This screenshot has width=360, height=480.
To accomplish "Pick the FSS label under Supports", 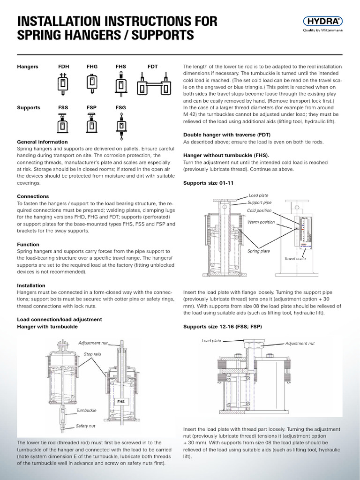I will click(x=63, y=107).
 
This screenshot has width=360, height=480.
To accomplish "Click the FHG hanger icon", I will click(x=92, y=82).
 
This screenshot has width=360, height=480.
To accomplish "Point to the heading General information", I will click(x=42, y=142).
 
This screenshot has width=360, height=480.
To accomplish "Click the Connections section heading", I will click(x=33, y=196).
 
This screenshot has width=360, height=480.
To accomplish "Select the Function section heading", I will click(x=28, y=245).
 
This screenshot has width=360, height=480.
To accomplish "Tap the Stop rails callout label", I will click(x=92, y=354).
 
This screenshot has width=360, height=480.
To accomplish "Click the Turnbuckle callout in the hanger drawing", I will click(x=86, y=410).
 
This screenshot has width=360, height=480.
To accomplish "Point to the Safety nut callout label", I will click(x=86, y=427).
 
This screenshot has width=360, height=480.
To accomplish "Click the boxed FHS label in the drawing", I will click(x=120, y=402).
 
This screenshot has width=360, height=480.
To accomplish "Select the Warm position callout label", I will click(x=262, y=222).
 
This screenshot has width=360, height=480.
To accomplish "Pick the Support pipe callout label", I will click(x=260, y=202).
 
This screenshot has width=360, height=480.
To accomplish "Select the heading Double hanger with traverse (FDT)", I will click(x=226, y=134).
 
